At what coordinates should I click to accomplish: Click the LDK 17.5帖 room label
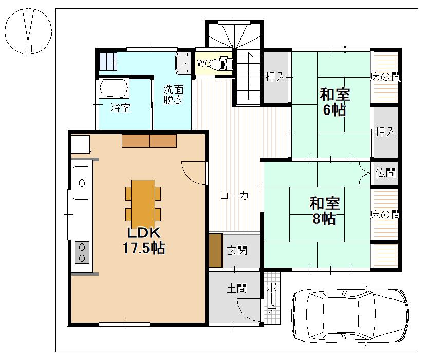coord(144,240)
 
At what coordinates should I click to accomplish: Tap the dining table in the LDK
coord(143,203)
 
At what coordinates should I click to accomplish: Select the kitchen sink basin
coord(81,183)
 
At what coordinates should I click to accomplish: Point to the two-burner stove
coord(82,253)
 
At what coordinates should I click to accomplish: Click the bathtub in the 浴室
coord(114,88)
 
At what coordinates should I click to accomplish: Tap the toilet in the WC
coord(224,64)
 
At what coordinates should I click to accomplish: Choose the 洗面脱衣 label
coord(173,94)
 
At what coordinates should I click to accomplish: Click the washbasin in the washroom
coord(182,63)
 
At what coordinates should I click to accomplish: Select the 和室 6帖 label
coord(334,102)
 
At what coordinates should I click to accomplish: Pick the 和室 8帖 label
coord(325,211)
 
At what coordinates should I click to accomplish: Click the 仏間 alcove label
coord(385,173)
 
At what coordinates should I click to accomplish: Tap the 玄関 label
coord(237,251)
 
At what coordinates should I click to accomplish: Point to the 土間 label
coord(237,288)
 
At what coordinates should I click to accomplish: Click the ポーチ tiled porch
coord(272,298)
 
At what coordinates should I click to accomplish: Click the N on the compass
coord(28,49)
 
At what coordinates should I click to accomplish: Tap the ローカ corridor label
coord(234,196)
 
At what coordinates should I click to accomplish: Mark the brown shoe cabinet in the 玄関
coord(216,251)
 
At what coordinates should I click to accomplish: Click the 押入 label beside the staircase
coord(276,77)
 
